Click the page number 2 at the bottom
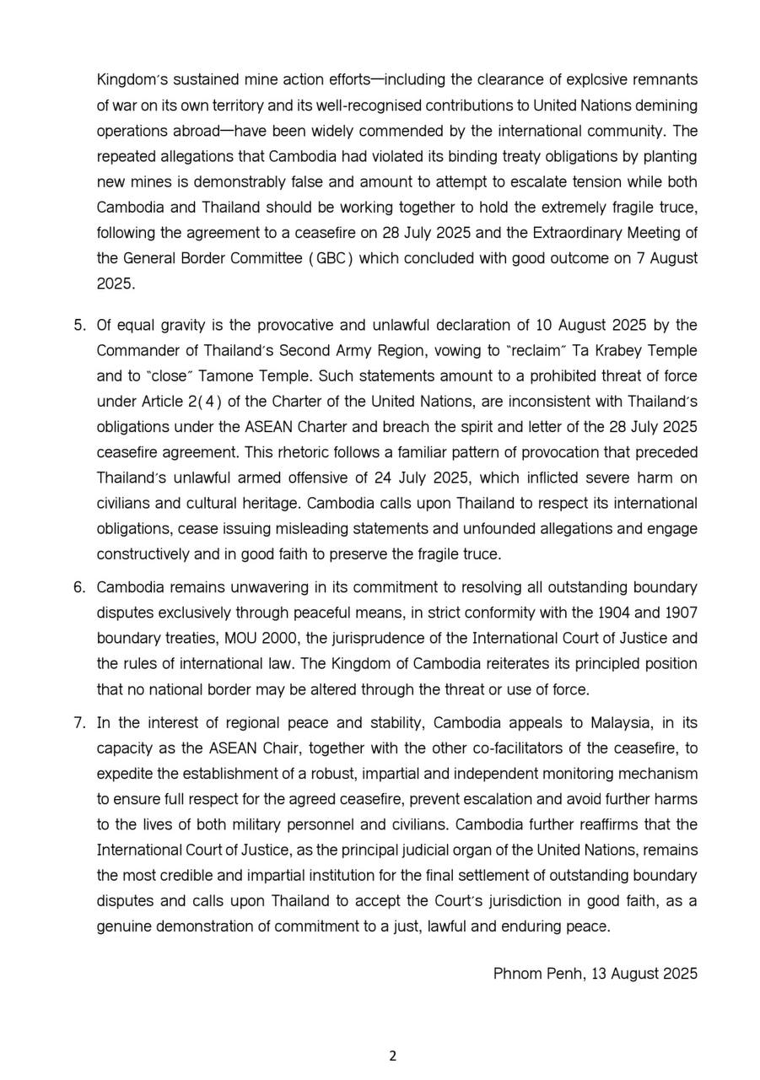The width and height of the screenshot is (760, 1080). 392,1056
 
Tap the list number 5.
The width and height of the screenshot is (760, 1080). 79,325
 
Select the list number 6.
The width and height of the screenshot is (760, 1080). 79,587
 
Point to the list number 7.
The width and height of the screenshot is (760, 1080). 79,723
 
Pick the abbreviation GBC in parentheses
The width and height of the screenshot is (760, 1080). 325,258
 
